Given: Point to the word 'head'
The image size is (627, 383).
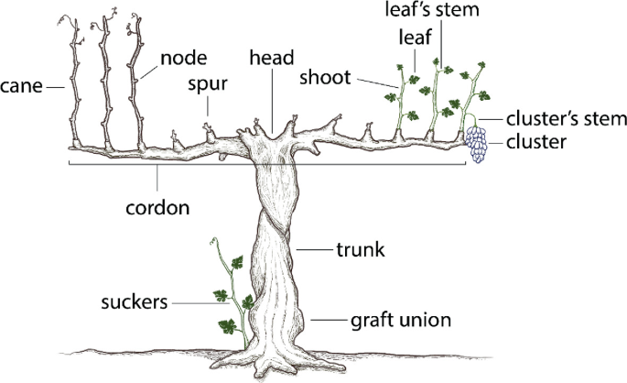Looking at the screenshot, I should tap(273, 59).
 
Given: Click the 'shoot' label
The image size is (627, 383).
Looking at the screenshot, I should tap(325, 79).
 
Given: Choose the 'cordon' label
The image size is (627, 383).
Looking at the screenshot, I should tap(157, 207).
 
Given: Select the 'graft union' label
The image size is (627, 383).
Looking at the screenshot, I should tap(400, 321).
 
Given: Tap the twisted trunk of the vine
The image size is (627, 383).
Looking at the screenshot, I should tap(275, 257).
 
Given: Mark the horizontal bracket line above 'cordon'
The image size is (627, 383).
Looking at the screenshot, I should tap(275, 165).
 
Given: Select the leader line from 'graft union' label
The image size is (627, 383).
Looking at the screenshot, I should tap(329, 321).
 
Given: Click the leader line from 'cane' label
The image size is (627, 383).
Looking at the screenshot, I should tap(57, 88).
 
